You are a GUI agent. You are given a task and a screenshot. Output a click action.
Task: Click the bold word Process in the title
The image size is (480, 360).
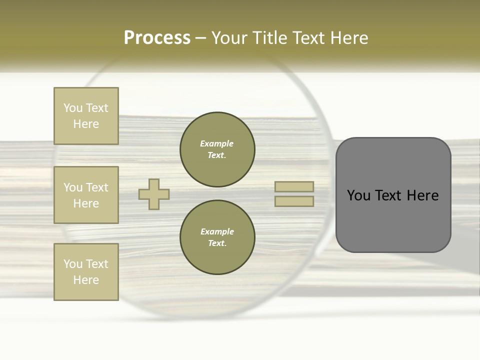point(157,38)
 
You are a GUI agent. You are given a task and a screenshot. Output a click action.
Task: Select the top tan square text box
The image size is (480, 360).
point(86,116)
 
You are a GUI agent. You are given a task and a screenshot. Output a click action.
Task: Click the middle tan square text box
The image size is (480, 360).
point(86,195)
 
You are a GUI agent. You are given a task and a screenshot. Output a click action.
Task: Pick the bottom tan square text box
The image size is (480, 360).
point(86,272)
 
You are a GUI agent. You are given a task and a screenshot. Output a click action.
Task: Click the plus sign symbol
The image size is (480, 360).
point(154,194)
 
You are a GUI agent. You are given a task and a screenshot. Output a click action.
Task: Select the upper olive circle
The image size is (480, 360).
point(217,149)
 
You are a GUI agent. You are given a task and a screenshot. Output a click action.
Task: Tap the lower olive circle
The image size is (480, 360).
point(217,237)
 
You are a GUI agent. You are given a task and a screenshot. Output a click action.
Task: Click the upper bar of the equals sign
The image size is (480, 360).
point(294,187)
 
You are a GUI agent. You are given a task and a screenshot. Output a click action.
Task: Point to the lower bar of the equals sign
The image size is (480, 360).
point(294,201)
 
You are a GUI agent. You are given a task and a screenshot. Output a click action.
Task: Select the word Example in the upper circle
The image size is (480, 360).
point(217,143)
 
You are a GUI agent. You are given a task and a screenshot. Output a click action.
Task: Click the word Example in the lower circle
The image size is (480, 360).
point(217,231)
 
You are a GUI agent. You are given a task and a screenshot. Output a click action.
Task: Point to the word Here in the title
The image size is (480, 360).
point(349,38)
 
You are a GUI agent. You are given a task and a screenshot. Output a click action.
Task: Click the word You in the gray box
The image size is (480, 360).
point(358,195)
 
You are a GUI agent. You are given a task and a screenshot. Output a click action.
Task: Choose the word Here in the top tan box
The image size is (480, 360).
point(86,124)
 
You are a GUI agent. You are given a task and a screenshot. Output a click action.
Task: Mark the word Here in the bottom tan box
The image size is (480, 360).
point(86,280)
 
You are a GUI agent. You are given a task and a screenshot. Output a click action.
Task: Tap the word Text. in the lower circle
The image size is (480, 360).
point(217,243)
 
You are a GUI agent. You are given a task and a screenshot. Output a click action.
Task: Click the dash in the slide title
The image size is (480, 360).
point(201,38)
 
